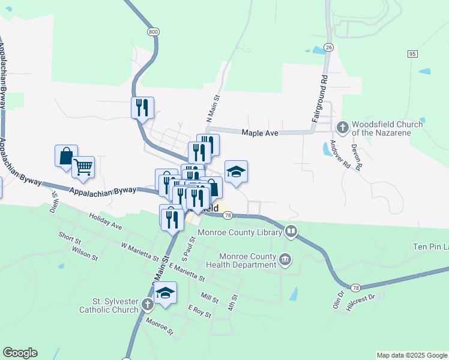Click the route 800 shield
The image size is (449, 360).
(x=152, y=32)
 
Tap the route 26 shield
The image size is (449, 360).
(x=328, y=47)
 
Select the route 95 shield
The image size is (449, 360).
(x=412, y=54)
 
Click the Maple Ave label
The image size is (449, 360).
(x=260, y=133)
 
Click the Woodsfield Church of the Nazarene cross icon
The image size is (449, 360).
(x=342, y=127)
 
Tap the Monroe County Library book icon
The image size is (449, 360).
(x=291, y=231)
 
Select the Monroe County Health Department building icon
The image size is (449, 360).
(x=286, y=260)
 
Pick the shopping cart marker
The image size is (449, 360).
(x=83, y=167)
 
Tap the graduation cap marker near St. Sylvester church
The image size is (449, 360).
(x=165, y=293)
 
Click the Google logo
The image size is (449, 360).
(x=20, y=353)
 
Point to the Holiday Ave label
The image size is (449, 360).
(x=105, y=223)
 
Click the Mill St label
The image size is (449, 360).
(x=210, y=298)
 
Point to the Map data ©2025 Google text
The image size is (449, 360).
(x=411, y=355)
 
